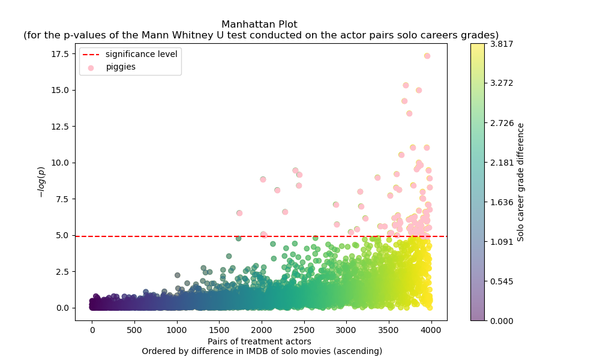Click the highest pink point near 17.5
[427, 56]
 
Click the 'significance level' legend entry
[141, 54]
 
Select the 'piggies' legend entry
[121, 67]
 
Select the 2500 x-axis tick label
[304, 329]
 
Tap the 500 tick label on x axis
[134, 329]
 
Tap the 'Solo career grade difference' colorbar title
[521, 182]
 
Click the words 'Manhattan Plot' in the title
[259, 25]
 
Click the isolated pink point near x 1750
[239, 213]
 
